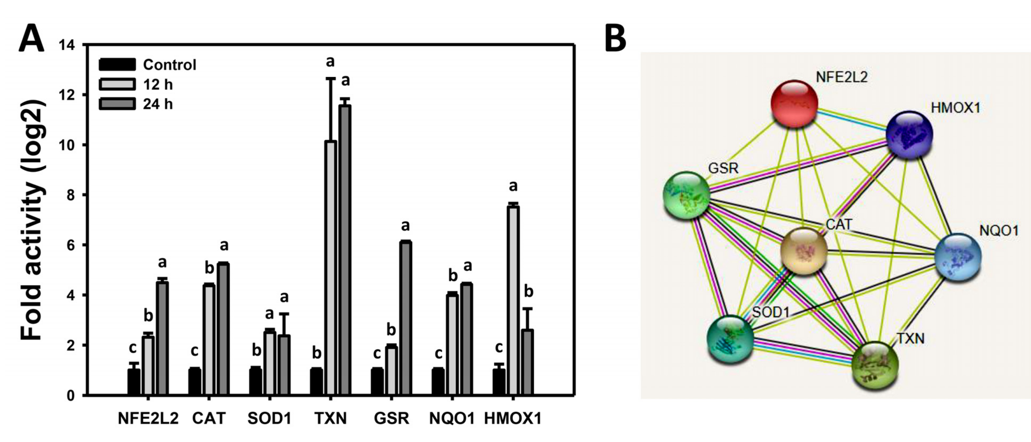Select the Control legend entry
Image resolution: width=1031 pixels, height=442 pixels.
148,64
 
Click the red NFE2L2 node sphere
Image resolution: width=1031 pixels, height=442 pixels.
794,104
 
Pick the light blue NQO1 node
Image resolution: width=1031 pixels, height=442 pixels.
958,257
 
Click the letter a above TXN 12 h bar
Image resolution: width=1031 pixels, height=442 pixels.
330,62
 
